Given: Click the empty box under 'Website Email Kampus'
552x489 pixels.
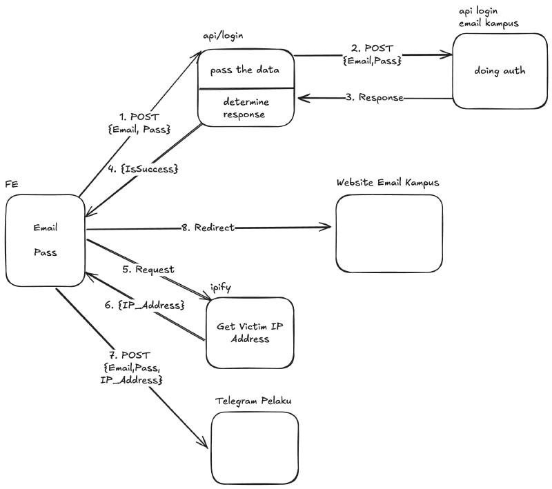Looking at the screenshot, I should [x=388, y=234].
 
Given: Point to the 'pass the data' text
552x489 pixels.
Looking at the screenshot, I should [x=246, y=70].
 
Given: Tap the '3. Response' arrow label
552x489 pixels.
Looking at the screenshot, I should [x=375, y=97].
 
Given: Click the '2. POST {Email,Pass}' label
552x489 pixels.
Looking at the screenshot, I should [x=373, y=55].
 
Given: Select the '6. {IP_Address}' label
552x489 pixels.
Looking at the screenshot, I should [x=148, y=304].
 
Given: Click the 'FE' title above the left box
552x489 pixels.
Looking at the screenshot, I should [x=12, y=184].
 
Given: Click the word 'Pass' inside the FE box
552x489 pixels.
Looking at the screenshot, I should [x=45, y=252].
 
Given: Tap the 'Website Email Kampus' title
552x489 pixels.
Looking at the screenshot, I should [x=388, y=183].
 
